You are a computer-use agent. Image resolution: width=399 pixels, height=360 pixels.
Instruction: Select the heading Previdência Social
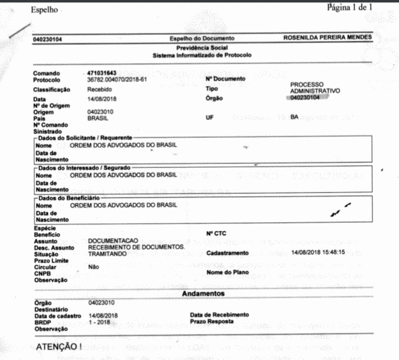[202, 48]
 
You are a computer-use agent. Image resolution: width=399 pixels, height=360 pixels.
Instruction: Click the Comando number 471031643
[103, 74]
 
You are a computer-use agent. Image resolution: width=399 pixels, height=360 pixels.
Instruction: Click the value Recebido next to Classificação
[100, 90]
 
